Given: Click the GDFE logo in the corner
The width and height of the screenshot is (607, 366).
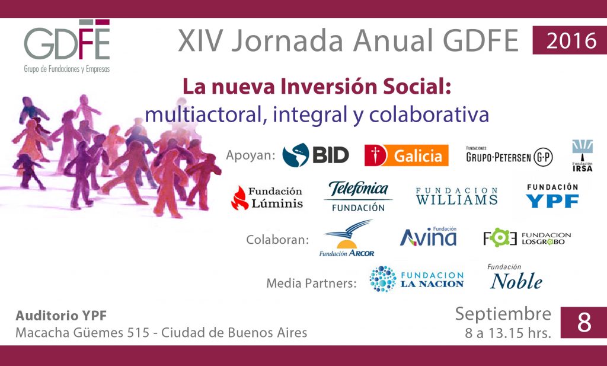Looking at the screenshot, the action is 67,46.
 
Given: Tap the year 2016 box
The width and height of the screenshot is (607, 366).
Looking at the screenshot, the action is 570,40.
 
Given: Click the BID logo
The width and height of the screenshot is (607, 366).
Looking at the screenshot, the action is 315,155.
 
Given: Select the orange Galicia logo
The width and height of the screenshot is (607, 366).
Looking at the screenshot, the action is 407,155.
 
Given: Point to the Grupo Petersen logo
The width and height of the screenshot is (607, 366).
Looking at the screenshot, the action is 509,155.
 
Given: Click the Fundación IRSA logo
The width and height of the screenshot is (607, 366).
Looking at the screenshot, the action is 582,155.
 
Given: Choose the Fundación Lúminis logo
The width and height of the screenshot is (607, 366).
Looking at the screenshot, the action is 267,198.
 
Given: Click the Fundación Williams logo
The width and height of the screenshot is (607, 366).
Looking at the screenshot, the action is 457,196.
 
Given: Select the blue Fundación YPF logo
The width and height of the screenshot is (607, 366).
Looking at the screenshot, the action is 552,196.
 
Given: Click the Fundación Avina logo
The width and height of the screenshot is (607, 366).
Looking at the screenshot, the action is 429,237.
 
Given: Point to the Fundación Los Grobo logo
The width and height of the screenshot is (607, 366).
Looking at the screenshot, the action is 527,238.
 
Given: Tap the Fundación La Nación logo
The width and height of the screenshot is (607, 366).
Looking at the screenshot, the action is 417,278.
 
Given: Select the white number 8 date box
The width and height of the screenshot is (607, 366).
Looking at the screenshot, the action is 584,322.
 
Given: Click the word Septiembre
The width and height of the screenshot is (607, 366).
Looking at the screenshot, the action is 503,314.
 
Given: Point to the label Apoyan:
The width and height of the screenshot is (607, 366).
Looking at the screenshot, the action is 251,155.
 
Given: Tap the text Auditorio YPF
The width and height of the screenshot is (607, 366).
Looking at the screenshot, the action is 61,316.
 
